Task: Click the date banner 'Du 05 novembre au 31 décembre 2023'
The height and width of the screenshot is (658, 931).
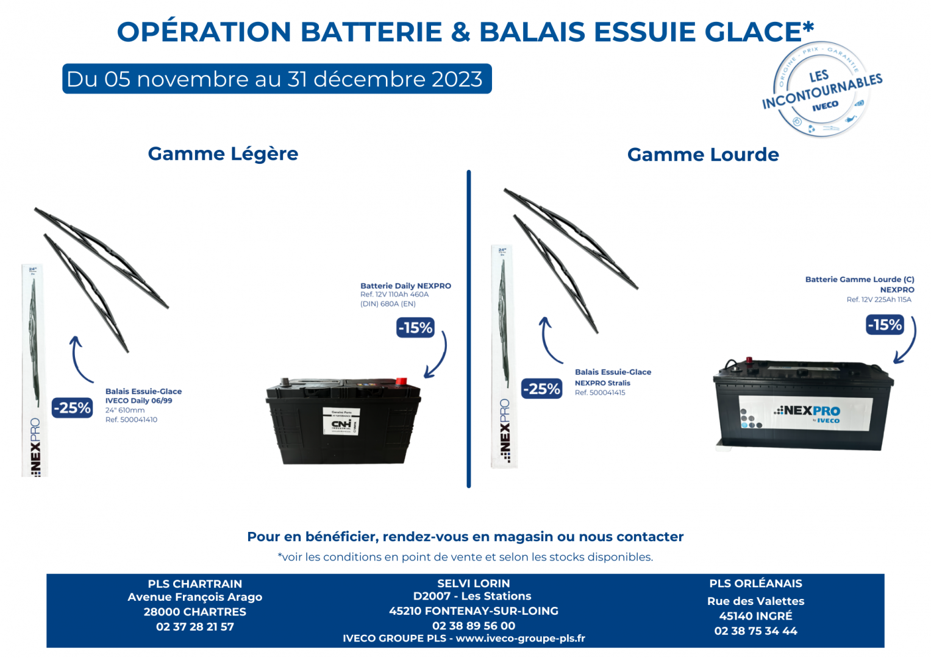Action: pyautogui.click(x=276, y=79)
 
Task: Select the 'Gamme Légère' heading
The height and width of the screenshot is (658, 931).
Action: pyautogui.click(x=223, y=154)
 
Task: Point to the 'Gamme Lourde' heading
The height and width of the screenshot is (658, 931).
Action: pyautogui.click(x=703, y=155)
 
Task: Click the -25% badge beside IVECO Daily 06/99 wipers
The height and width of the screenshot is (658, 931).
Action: pyautogui.click(x=72, y=408)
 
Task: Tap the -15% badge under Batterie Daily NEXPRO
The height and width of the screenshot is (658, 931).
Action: pyautogui.click(x=415, y=328)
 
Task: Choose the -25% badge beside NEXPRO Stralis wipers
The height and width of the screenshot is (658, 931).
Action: pyautogui.click(x=542, y=389)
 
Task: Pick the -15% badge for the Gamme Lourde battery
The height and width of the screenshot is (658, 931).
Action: pyautogui.click(x=885, y=325)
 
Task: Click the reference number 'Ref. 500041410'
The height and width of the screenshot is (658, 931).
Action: pyautogui.click(x=131, y=420)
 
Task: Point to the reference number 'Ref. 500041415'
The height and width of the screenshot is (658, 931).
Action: pyautogui.click(x=600, y=393)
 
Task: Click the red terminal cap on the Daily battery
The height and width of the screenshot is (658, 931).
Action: pyautogui.click(x=401, y=382)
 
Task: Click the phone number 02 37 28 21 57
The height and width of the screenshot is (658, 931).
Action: pyautogui.click(x=195, y=626)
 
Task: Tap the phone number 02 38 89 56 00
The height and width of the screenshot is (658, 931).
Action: pyautogui.click(x=474, y=626)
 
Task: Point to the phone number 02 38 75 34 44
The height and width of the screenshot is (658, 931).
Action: pyautogui.click(x=755, y=631)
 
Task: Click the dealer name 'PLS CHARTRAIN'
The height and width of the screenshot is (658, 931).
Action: pyautogui.click(x=195, y=584)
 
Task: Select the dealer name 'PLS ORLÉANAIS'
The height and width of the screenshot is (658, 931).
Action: pyautogui.click(x=755, y=584)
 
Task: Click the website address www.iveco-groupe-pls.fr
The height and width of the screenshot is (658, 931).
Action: pyautogui.click(x=520, y=639)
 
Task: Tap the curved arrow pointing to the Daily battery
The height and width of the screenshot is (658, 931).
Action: pyautogui.click(x=438, y=356)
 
